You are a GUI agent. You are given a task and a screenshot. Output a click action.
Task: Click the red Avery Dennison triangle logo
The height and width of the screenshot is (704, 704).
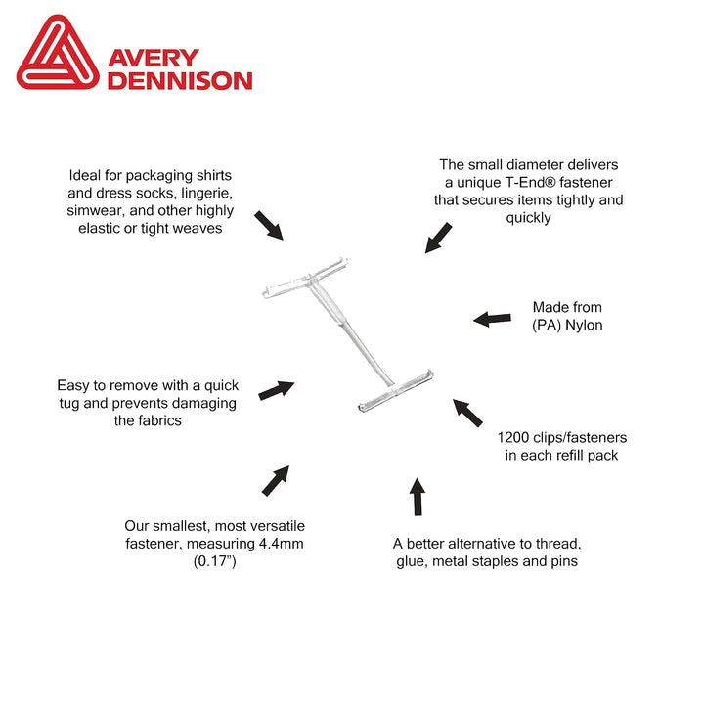[58, 53]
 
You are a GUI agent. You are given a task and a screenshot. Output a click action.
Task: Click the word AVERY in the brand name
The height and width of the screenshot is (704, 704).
[154, 59]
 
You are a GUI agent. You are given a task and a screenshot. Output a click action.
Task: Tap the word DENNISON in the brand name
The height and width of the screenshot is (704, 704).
[180, 81]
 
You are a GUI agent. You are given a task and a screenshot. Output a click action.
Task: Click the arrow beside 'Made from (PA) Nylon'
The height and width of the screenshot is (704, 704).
[492, 319]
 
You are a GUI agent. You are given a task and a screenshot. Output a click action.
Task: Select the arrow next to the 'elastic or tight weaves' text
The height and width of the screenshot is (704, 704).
[269, 226]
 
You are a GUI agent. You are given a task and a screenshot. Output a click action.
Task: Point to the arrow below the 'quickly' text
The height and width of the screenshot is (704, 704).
[438, 238]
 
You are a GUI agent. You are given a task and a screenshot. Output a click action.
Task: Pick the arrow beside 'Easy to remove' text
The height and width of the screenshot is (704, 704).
[277, 390]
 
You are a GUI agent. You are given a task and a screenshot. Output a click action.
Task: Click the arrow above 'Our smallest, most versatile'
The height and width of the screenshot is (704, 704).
[276, 481]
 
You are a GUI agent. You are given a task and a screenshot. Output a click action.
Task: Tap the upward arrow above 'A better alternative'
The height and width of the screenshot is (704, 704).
[418, 497]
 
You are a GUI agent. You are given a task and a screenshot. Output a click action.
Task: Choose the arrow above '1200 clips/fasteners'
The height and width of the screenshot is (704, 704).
[467, 413]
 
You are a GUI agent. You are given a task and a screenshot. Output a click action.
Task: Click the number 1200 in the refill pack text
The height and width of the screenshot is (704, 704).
[513, 437]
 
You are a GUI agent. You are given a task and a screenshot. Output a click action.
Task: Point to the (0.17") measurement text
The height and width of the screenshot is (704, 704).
[214, 561]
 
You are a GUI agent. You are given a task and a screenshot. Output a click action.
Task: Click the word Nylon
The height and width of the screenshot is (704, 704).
[584, 325]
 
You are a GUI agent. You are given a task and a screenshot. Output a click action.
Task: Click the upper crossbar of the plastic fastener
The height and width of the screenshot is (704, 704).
[305, 279]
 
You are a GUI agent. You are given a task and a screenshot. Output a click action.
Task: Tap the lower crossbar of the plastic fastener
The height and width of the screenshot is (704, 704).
[396, 390]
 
